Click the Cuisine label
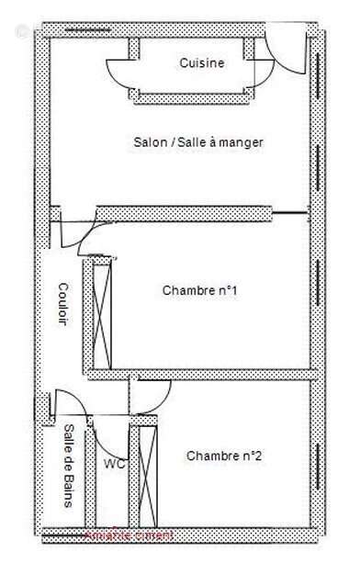[x=201, y=63]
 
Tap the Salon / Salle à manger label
[x=198, y=142]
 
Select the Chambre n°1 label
[x=200, y=291]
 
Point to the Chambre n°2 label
[x=225, y=456]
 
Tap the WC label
[x=115, y=464]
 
